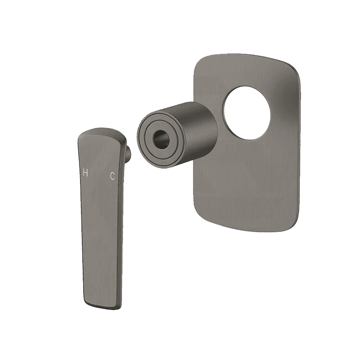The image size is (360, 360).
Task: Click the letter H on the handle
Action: (85, 172)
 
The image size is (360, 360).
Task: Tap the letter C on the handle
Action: (112, 176)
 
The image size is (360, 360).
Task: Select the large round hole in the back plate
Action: (247, 113)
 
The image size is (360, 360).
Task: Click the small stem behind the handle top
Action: (129, 152)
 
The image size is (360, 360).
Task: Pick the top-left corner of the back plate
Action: (198, 60)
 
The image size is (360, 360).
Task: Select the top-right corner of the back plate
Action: (296, 69)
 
